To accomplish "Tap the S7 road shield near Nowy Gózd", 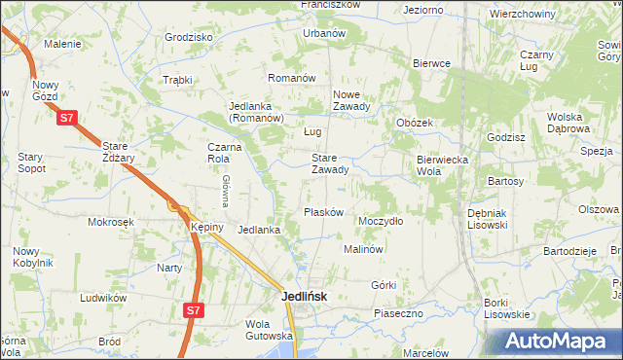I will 66,118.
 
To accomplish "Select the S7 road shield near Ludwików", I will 194,310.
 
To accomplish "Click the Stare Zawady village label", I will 329,163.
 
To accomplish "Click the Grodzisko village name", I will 189,37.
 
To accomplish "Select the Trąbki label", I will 178,80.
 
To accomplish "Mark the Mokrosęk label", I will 109,222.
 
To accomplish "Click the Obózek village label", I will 414,123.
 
